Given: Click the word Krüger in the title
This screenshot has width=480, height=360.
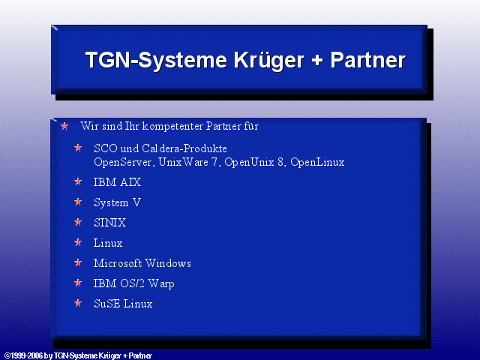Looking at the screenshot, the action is click(269, 61).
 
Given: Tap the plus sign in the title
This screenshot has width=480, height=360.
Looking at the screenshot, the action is click(317, 60).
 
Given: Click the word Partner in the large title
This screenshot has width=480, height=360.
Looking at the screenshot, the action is click(367, 60).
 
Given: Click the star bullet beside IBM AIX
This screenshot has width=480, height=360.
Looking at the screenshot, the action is click(78, 181).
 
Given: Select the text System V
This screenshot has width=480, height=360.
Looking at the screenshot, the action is click(117, 202).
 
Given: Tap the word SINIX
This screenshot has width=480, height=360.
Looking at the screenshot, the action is click(109, 223).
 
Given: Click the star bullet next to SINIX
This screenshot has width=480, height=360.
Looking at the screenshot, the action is click(78, 222).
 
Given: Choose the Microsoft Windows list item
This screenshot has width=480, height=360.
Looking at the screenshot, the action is click(142, 263).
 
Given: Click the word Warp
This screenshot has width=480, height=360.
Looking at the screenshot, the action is click(161, 283).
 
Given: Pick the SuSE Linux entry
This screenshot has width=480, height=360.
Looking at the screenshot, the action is click(123, 304).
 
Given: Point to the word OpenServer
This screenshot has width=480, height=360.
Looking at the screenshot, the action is click(123, 162).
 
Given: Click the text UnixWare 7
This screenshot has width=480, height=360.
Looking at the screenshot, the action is click(189, 162).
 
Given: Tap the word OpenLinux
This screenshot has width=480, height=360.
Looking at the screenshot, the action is click(317, 162).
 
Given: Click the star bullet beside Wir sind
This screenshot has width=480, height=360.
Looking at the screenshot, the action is click(64, 126).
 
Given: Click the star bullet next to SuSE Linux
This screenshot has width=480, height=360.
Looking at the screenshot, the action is click(78, 303).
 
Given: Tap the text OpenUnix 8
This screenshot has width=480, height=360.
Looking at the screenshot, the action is click(255, 162).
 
